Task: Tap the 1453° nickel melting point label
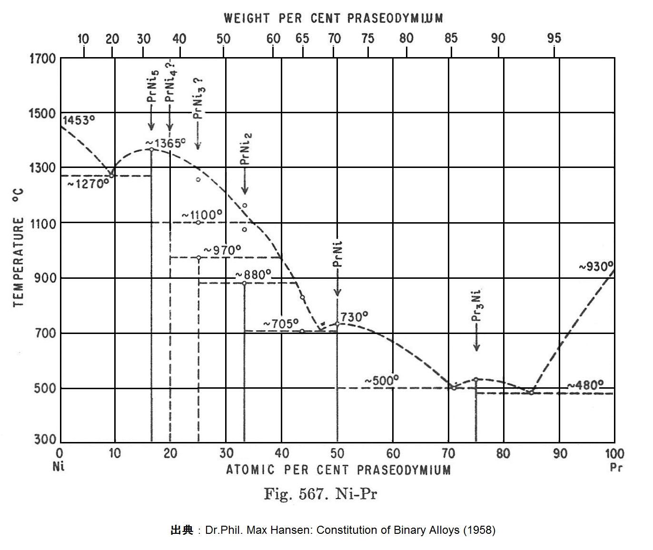pos(76,120)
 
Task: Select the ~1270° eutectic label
pos(88,184)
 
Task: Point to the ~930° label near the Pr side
pos(596,266)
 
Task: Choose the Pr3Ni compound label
pos(477,307)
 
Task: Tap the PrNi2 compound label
pos(246,149)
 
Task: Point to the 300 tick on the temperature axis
pos(46,439)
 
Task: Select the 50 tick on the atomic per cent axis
pos(337,453)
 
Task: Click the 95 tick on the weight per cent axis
pos(554,38)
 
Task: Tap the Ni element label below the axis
pos(59,466)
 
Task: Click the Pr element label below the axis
pos(616,467)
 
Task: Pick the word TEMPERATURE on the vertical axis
pos(19,262)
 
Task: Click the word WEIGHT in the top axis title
pos(247,19)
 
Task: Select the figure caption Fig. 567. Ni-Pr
pos(320,494)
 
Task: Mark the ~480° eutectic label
pos(585,384)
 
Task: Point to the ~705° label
pos(281,324)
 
